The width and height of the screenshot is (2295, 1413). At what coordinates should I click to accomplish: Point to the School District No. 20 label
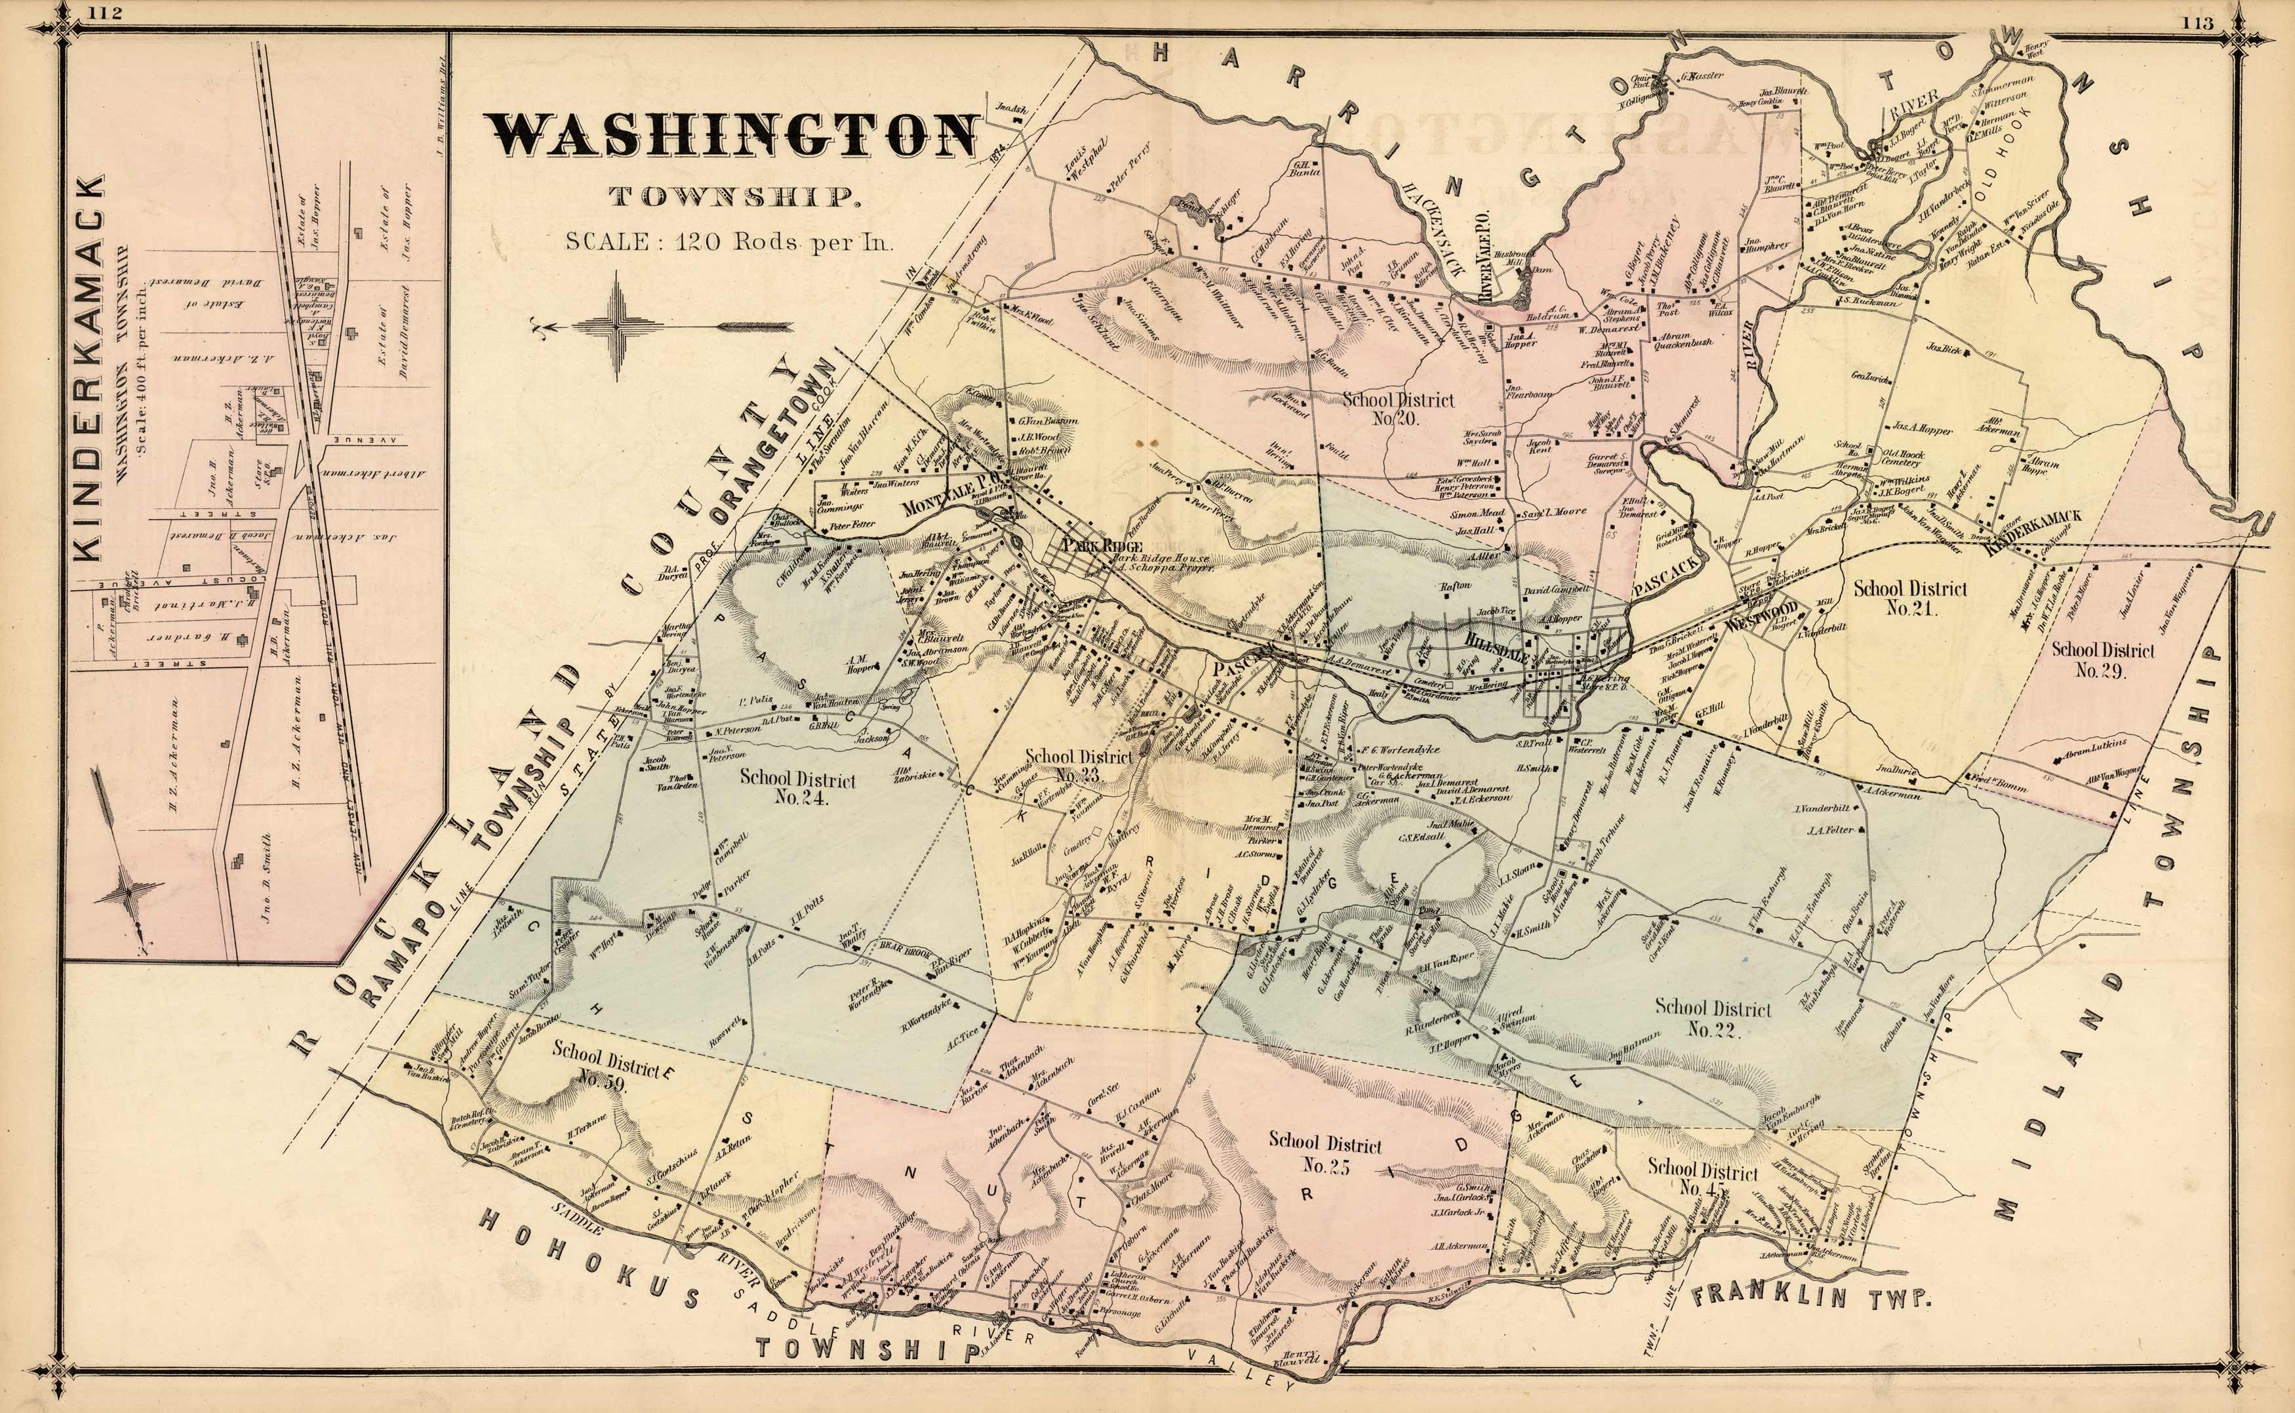(x=1398, y=408)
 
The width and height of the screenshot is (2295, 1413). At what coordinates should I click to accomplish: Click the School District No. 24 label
(x=797, y=786)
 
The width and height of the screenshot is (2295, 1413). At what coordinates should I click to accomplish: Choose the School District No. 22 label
(x=1712, y=1018)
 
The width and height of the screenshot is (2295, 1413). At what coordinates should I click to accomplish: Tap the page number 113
(x=2198, y=22)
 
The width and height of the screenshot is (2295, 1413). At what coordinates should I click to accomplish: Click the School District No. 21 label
(x=1910, y=598)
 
